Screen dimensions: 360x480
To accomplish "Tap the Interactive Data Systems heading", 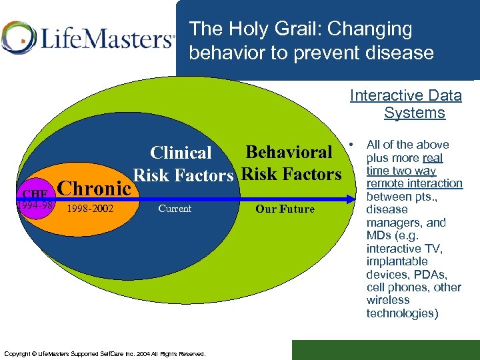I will (x=406, y=104).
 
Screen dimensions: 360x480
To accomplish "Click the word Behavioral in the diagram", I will (x=289, y=152).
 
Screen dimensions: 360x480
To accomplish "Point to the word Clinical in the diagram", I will (x=181, y=153).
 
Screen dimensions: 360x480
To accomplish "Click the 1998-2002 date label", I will (x=91, y=209).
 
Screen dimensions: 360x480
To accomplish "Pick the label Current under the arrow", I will (x=175, y=209).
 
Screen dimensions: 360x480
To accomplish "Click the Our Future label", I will (x=285, y=209).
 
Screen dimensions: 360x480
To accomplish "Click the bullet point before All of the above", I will (x=354, y=143).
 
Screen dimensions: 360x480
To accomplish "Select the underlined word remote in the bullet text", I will (x=386, y=183).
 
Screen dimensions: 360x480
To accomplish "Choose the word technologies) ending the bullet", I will (x=402, y=313).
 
